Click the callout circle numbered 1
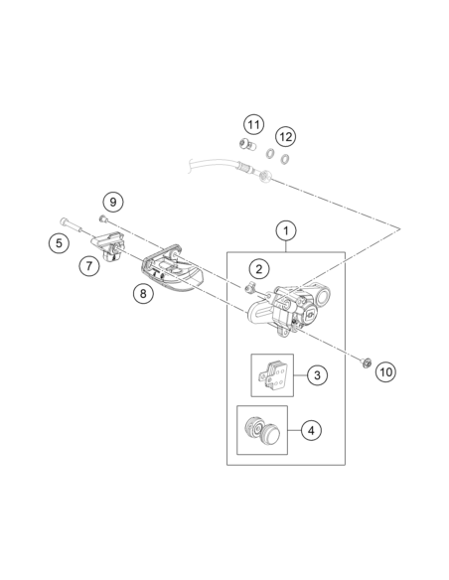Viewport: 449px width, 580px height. point(286,230)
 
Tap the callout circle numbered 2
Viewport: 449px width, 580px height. point(259,269)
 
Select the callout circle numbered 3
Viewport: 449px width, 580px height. point(317,375)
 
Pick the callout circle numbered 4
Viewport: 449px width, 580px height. point(311,430)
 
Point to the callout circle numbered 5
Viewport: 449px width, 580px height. point(59,243)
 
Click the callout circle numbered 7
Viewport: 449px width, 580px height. point(89,266)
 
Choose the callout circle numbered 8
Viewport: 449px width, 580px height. point(143,293)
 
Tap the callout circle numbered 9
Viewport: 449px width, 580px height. point(113,202)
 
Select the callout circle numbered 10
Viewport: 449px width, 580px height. point(385,371)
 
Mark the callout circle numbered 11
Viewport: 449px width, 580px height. point(253,124)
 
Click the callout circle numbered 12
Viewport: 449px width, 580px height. point(285,137)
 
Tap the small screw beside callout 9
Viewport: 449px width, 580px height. point(103,219)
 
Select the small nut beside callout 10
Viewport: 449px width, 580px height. point(366,362)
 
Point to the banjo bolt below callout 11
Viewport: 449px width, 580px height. point(247,144)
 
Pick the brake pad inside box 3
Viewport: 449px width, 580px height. point(272,375)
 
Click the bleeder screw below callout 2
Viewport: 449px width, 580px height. point(249,287)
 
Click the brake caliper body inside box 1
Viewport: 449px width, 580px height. point(288,309)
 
